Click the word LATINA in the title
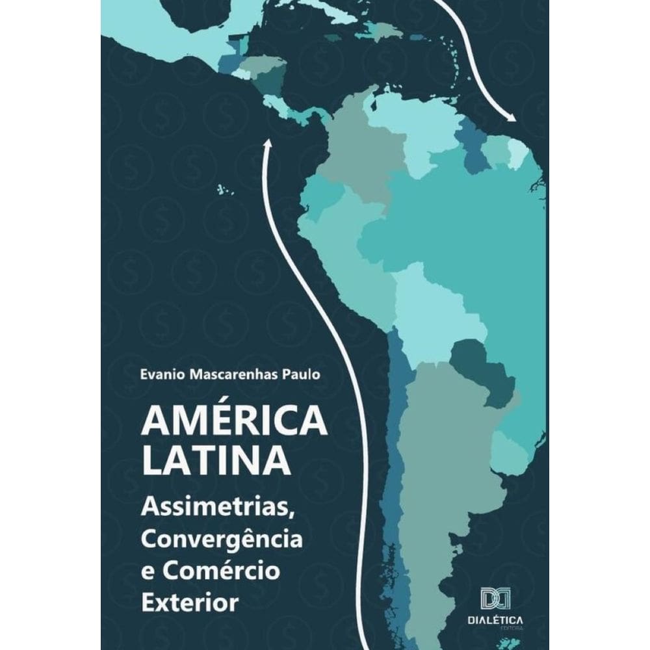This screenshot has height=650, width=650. point(216,461)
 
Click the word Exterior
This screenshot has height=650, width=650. point(189,601)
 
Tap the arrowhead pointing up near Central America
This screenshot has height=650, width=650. point(266,144)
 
